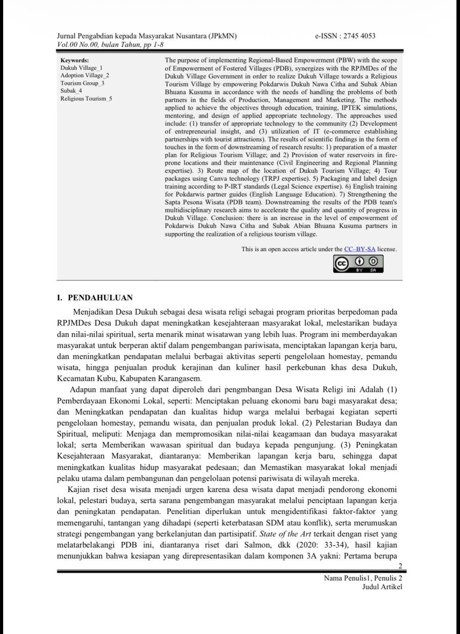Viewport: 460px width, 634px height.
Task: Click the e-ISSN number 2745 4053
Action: (x=359, y=36)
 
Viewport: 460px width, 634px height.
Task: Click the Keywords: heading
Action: (x=74, y=60)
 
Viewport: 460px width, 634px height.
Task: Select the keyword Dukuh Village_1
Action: (x=81, y=68)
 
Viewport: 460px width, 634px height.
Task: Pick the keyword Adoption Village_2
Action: (x=85, y=75)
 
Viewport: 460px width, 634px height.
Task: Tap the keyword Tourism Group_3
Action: (x=82, y=83)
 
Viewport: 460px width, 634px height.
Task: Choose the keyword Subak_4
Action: (x=71, y=91)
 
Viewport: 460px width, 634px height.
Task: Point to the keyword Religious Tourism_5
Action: (x=86, y=99)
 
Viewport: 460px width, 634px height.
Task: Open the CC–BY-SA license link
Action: (x=359, y=249)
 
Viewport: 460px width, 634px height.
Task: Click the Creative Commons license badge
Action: (x=358, y=264)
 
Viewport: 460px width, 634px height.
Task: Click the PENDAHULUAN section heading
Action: (x=100, y=298)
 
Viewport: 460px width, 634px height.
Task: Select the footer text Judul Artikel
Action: (x=382, y=587)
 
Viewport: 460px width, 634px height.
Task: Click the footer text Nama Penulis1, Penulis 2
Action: (x=363, y=578)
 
